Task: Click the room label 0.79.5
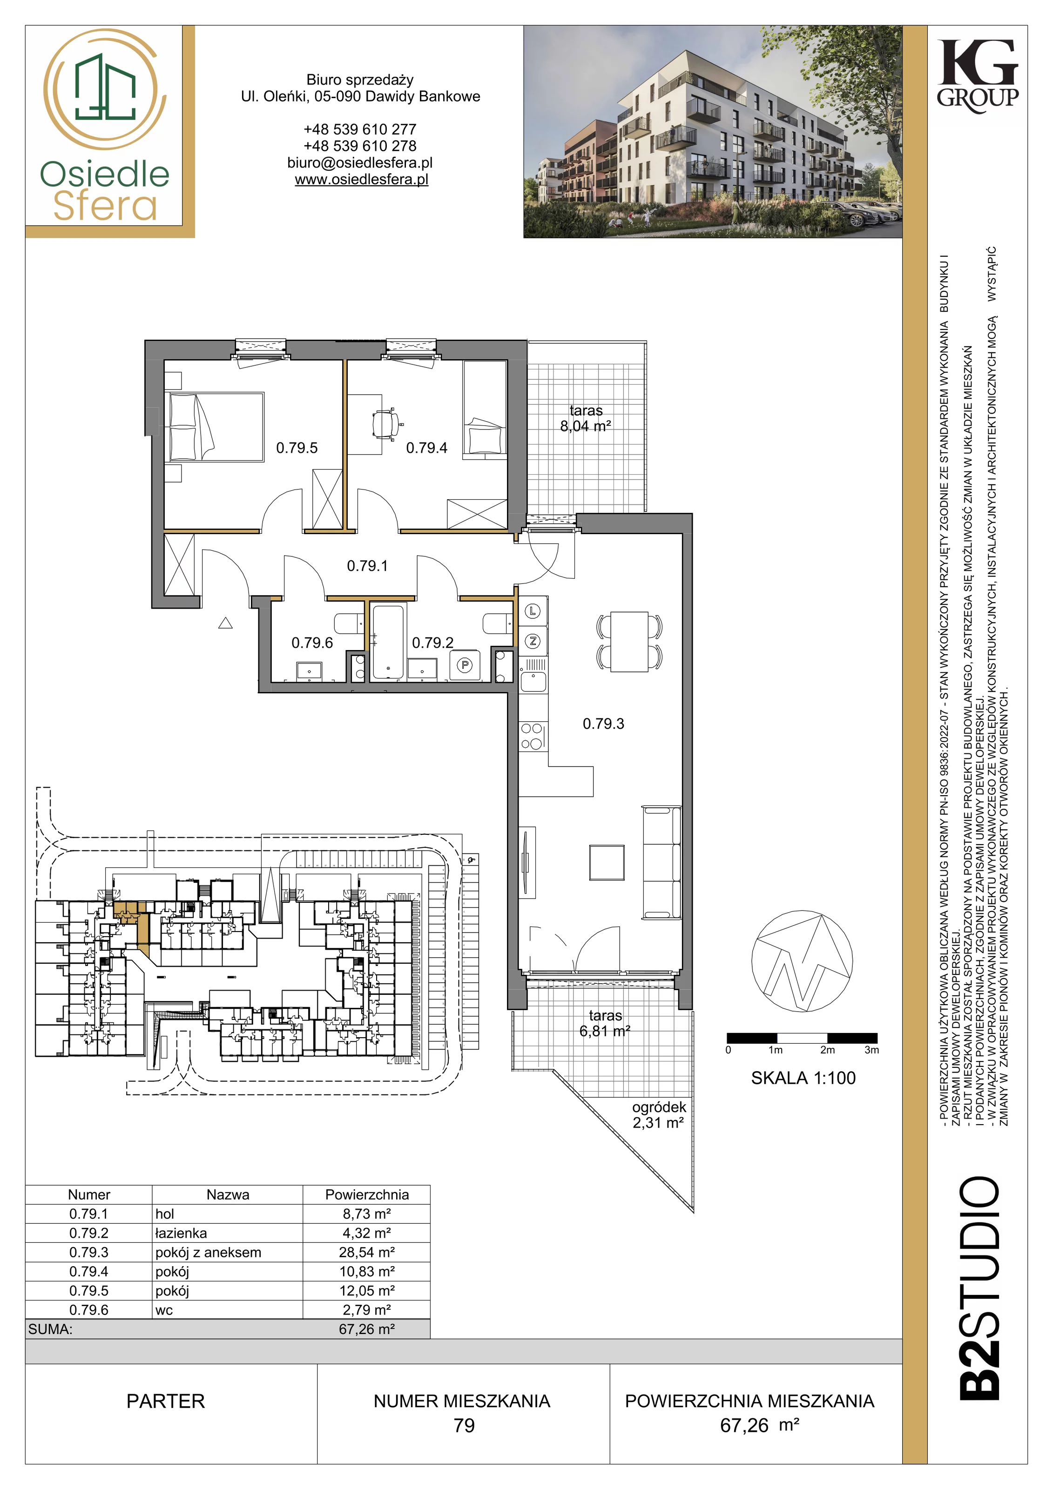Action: [297, 448]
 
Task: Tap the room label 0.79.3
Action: [603, 723]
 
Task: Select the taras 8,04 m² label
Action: [586, 418]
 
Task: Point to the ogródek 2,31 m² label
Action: [659, 1115]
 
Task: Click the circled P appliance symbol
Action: [465, 665]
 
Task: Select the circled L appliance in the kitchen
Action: [533, 611]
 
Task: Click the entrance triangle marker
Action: [225, 623]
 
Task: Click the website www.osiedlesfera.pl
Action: [361, 180]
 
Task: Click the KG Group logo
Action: [978, 76]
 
